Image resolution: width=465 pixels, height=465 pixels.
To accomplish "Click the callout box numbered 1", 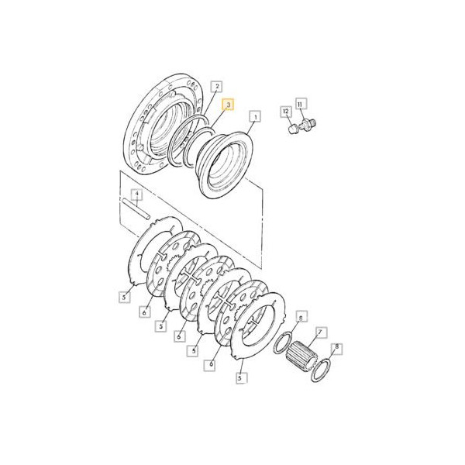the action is (255, 116).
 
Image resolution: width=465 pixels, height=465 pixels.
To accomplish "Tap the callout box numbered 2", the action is (217, 86).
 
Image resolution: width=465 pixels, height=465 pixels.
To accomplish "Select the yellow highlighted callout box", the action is (228, 105).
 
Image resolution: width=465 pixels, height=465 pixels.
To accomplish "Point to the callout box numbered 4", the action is (136, 195).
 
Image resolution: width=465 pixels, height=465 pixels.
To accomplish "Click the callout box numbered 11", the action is (301, 104).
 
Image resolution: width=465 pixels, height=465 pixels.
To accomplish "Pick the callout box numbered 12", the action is (286, 111).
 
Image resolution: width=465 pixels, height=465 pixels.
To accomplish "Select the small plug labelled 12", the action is (293, 129).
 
